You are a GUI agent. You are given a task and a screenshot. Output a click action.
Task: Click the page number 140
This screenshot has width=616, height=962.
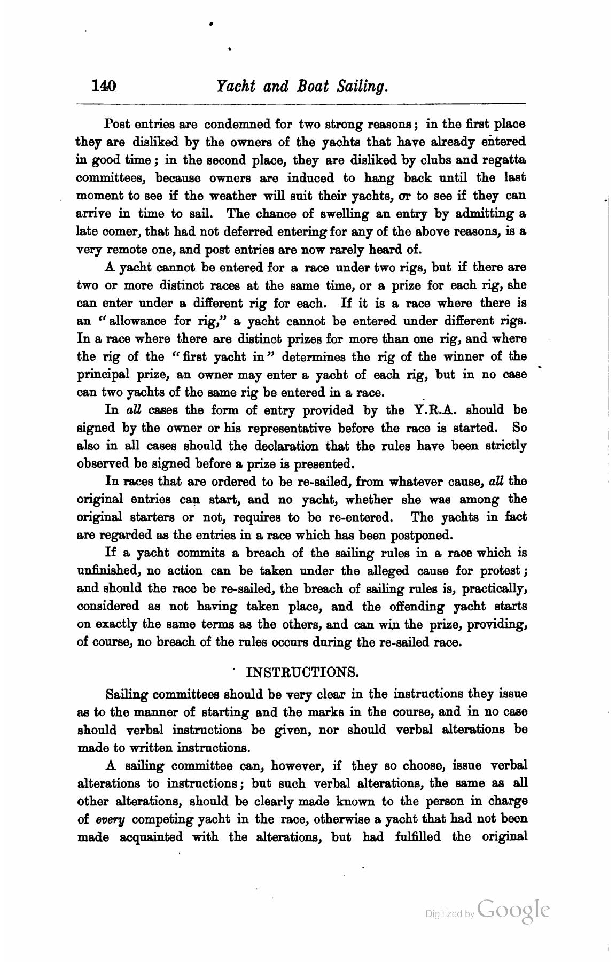pyautogui.click(x=104, y=86)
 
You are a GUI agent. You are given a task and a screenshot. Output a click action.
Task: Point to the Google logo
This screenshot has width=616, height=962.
pyautogui.click(x=513, y=910)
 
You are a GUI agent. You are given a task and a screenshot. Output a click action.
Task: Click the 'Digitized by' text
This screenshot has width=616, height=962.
pyautogui.click(x=449, y=914)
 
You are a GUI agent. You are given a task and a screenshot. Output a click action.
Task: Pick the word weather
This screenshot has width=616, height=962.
pyautogui.click(x=233, y=196)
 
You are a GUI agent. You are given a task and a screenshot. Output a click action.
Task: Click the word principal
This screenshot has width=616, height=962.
pyautogui.click(x=104, y=375)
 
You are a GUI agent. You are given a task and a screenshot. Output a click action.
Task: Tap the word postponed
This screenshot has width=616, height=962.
pyautogui.click(x=423, y=535)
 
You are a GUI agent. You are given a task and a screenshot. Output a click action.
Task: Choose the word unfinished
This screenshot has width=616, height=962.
pyautogui.click(x=108, y=571)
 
